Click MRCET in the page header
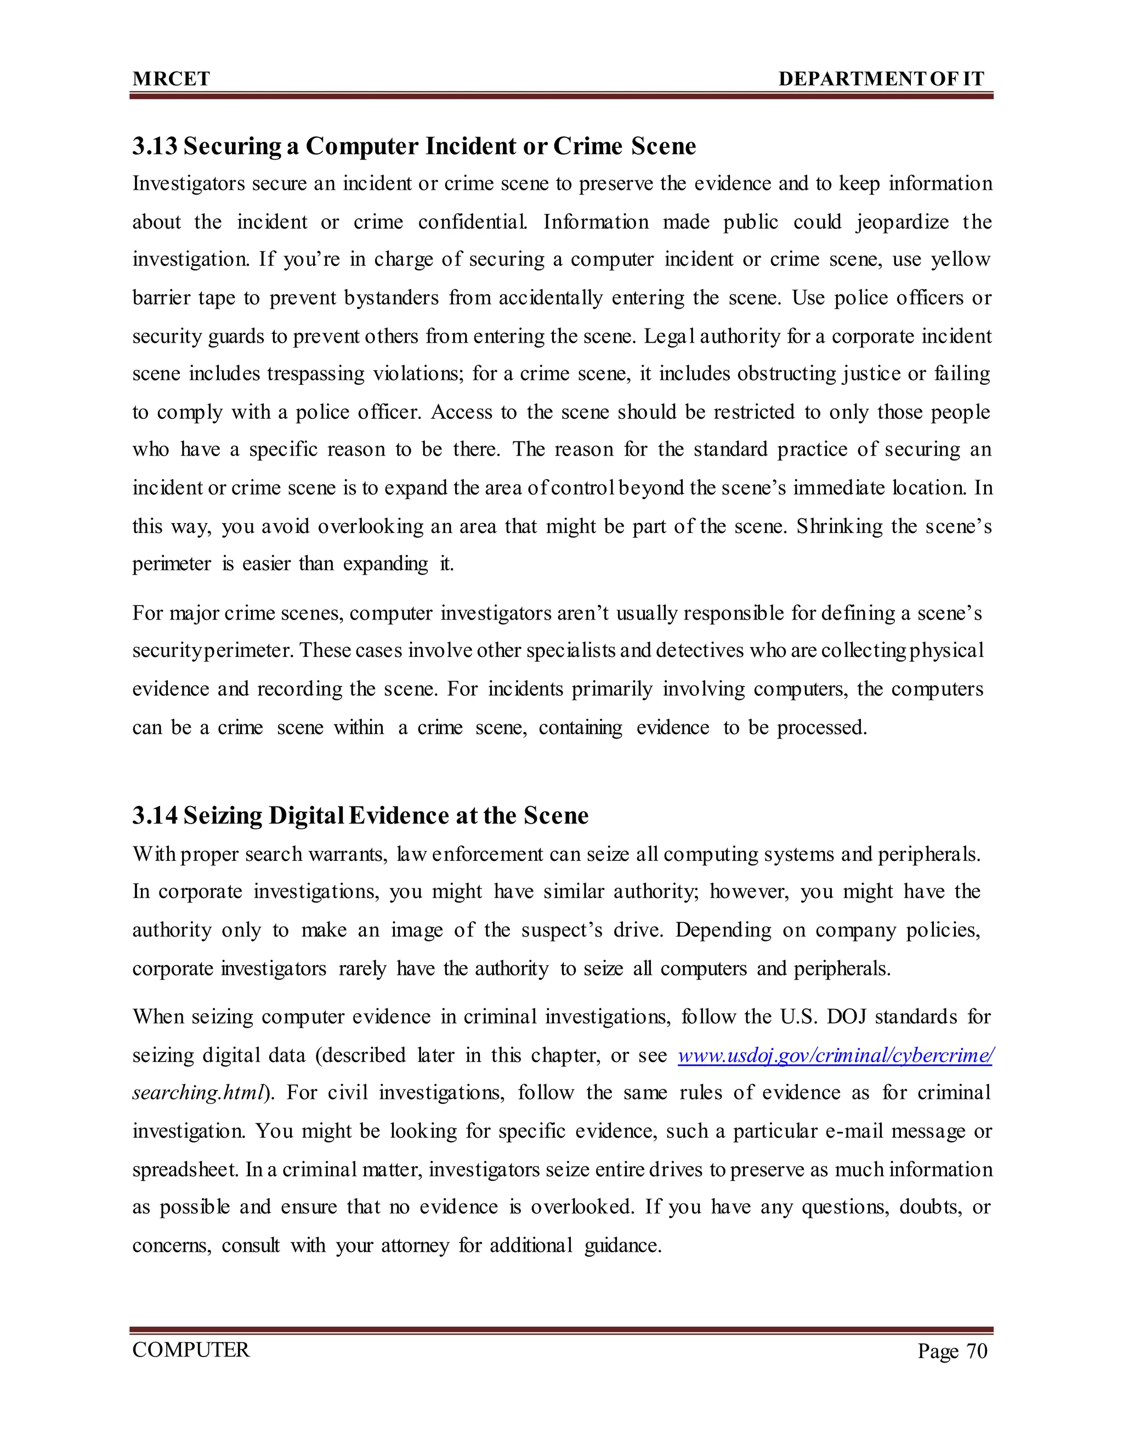(171, 78)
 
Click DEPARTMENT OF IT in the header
(881, 78)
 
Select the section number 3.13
(154, 146)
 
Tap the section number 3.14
(154, 816)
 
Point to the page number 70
(977, 1351)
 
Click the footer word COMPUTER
(191, 1350)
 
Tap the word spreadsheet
(185, 1170)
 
